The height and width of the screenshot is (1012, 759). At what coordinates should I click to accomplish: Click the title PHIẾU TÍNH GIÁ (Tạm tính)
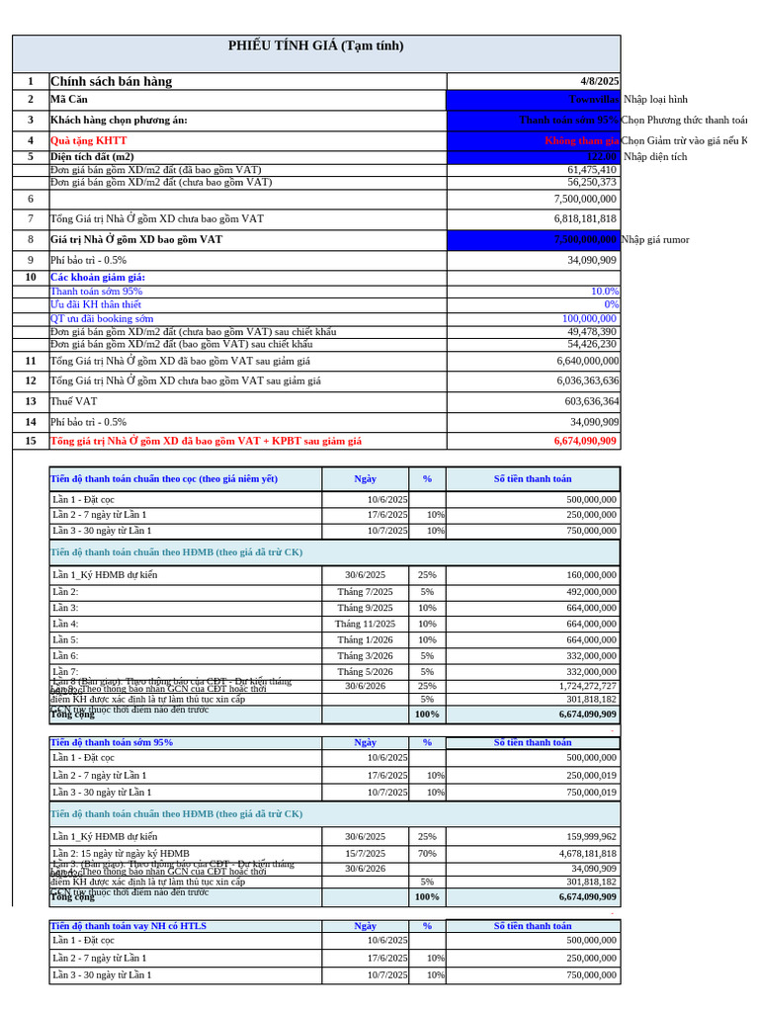[315, 46]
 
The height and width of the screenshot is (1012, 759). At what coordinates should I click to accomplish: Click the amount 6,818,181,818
[577, 218]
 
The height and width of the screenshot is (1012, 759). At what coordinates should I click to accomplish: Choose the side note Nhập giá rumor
[655, 239]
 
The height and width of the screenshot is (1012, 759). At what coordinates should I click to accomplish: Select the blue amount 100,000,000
[590, 319]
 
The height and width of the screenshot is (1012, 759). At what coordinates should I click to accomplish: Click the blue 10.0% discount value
[604, 292]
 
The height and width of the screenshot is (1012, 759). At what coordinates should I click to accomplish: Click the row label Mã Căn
[69, 99]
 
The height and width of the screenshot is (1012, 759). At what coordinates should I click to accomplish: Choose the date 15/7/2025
[365, 853]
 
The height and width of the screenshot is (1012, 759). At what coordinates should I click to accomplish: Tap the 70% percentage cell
[427, 853]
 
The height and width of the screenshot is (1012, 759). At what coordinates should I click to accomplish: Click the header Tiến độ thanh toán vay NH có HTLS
[128, 926]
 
